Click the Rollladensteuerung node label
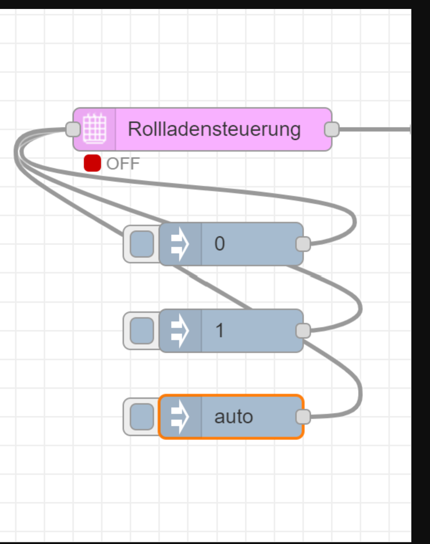click(214, 129)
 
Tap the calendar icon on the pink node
click(95, 129)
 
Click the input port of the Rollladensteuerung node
click(73, 129)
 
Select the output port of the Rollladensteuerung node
click(331, 129)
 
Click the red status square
click(92, 163)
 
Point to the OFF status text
click(123, 164)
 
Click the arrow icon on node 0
click(180, 244)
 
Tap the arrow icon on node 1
click(180, 330)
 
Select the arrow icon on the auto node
click(180, 417)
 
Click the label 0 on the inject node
click(220, 244)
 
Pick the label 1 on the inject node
click(220, 330)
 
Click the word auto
click(234, 417)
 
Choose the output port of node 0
click(303, 244)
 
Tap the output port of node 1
click(303, 330)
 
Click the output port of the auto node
click(303, 417)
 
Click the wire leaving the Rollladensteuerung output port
click(373, 129)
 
